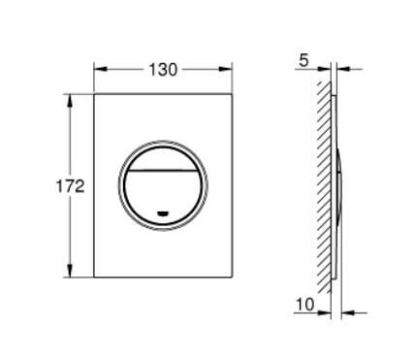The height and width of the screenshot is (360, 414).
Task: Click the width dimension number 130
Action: click(x=162, y=70)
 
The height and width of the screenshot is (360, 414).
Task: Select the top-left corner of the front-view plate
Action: click(x=94, y=95)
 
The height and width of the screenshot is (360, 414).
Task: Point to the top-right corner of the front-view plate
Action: click(x=232, y=95)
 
